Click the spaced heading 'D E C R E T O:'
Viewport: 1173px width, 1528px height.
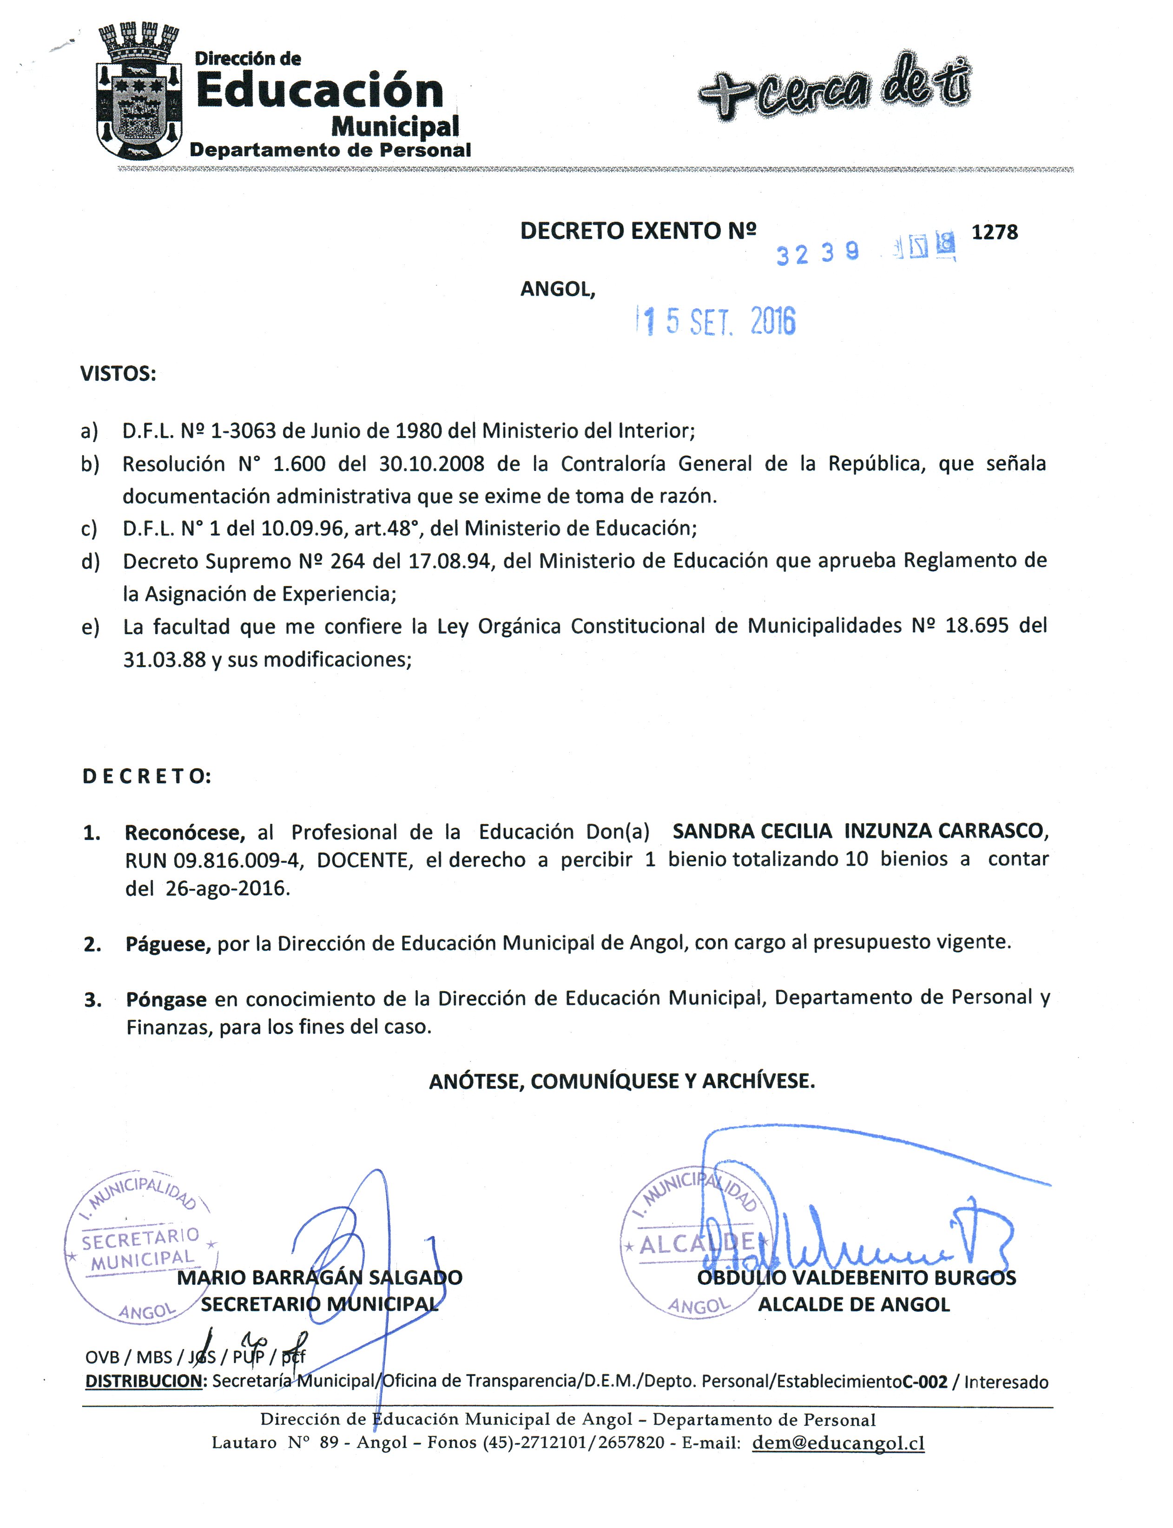[147, 777]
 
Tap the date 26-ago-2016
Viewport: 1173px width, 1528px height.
[227, 889]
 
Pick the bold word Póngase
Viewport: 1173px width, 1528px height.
[166, 1000]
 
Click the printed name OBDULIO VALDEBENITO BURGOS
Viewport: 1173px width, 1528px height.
[856, 1278]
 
